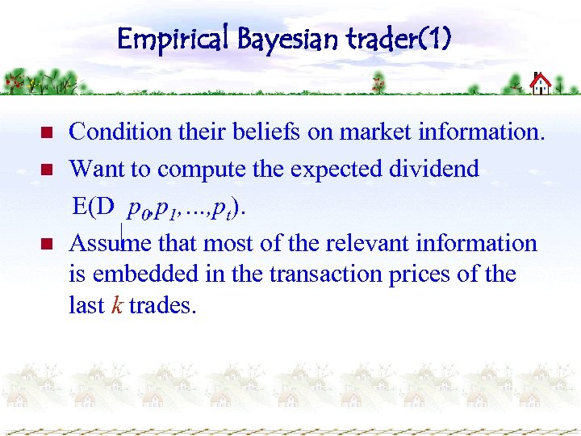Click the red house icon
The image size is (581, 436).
point(541,82)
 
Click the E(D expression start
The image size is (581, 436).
point(93,206)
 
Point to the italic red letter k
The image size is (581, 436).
point(117,305)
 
